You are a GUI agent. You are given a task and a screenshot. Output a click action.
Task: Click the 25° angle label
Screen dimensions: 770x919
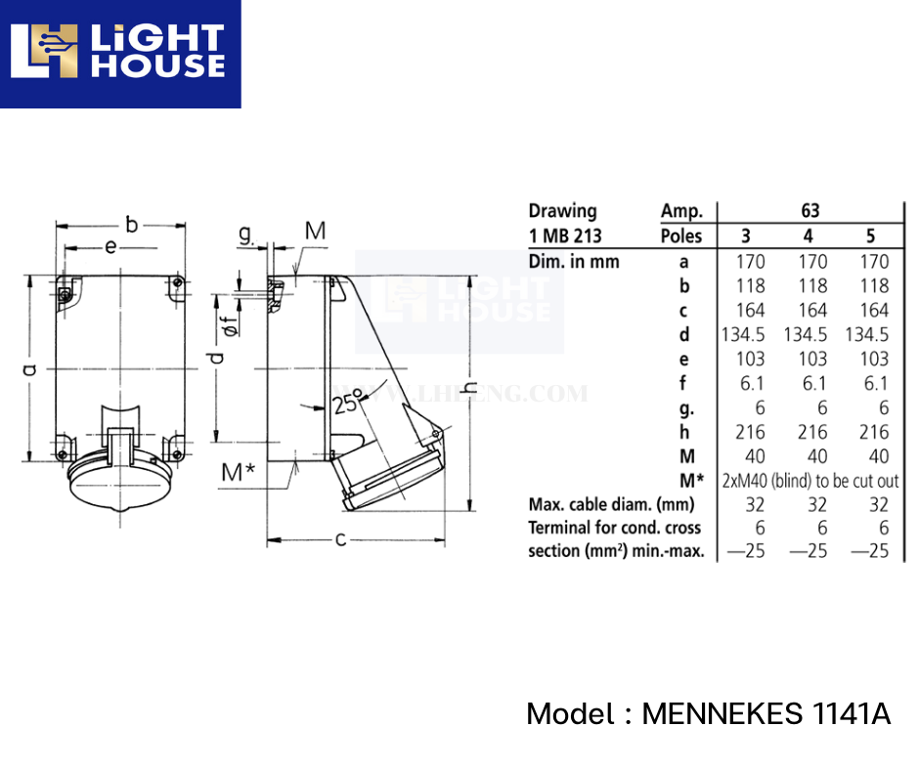click(346, 401)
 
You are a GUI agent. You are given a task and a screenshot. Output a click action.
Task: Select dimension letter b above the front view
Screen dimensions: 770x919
click(131, 222)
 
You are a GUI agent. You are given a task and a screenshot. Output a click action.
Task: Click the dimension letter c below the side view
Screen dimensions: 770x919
click(341, 538)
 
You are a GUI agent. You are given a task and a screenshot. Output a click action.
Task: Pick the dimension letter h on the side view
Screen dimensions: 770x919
click(470, 388)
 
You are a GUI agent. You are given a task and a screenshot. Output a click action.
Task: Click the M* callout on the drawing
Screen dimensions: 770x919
click(238, 472)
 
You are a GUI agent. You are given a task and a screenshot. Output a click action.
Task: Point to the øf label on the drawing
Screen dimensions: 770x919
click(229, 323)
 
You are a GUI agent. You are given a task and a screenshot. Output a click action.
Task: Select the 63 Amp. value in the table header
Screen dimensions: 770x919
click(810, 210)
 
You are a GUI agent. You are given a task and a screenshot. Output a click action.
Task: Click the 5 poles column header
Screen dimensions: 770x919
click(870, 235)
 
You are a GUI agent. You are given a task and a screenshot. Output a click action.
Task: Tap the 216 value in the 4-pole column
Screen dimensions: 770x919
click(812, 432)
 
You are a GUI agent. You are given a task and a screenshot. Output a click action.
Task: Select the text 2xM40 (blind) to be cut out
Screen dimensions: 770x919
click(810, 481)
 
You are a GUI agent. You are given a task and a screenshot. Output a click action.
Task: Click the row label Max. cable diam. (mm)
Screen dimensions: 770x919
click(611, 505)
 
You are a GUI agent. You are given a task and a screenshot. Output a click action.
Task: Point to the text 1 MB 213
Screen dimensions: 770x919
click(565, 235)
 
